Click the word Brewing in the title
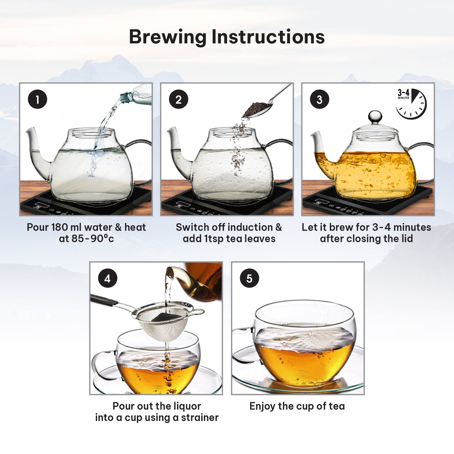167,37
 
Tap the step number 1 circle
37,99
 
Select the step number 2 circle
178,99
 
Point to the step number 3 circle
319,99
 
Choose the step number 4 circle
108,278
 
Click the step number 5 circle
249,278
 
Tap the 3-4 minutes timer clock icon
411,104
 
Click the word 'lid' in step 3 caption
407,239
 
